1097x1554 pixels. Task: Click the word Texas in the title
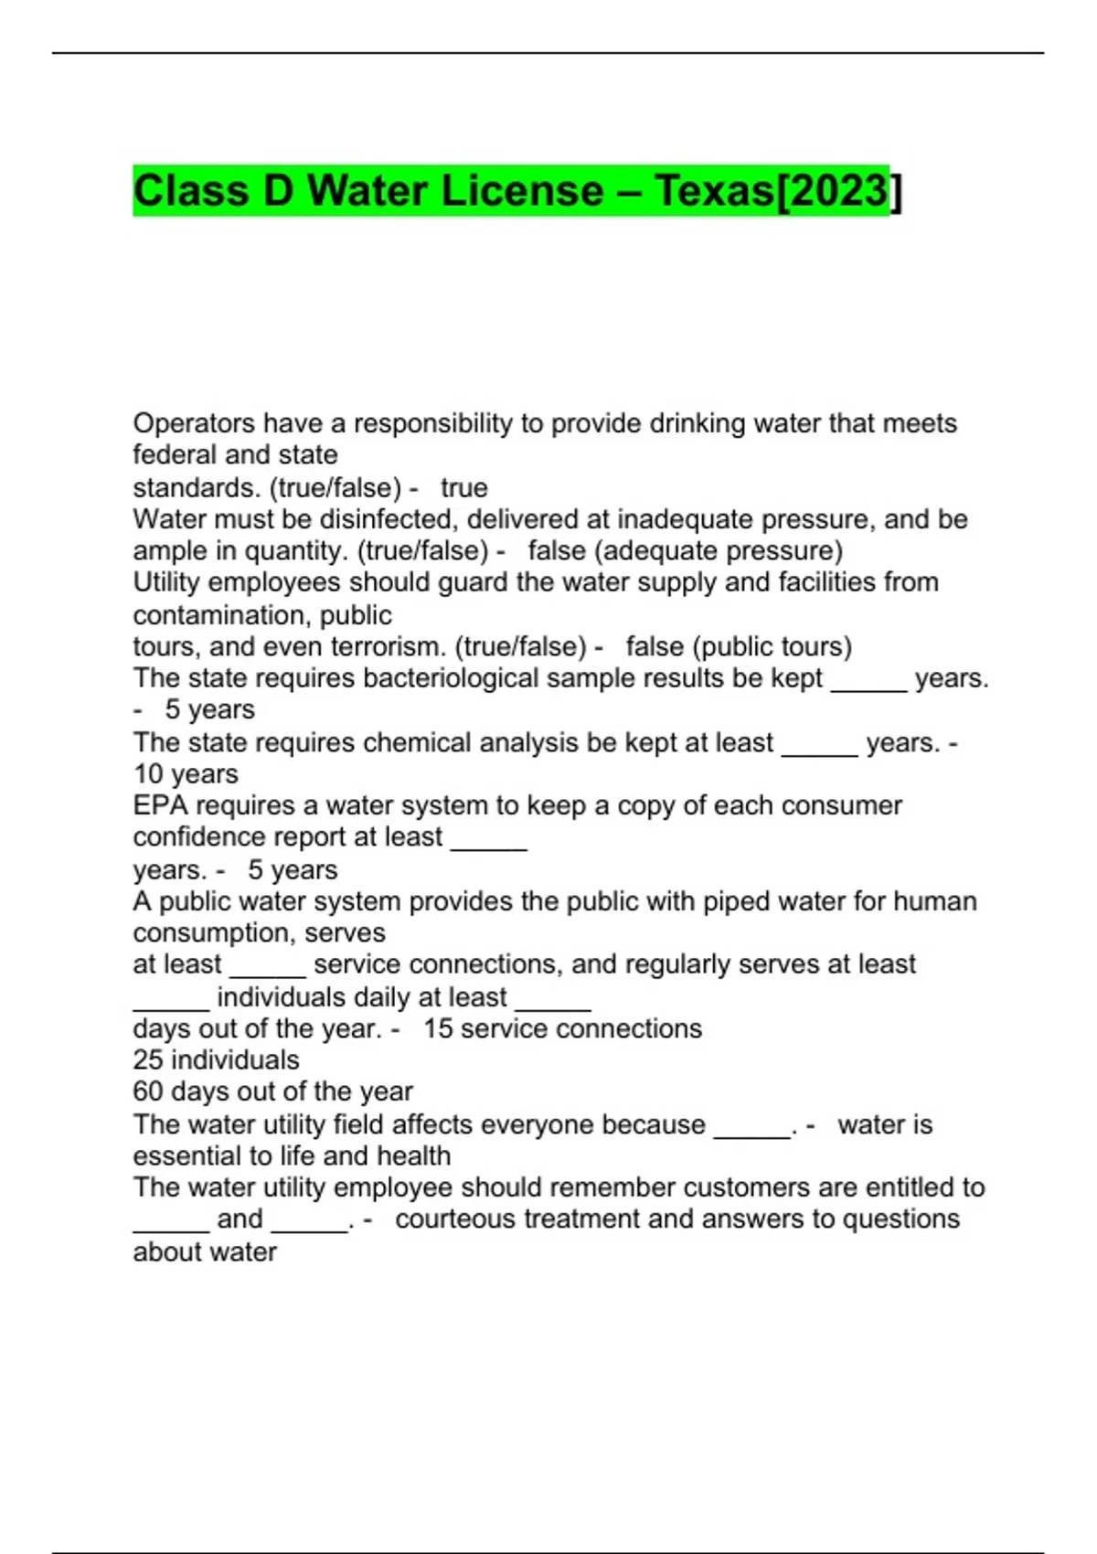coord(714,191)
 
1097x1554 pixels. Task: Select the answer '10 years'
coord(186,774)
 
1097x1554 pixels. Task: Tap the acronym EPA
coord(161,805)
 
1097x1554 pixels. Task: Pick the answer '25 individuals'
coord(216,1060)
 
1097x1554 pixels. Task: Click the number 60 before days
coord(148,1091)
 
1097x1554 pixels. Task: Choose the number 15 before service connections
coord(438,1028)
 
